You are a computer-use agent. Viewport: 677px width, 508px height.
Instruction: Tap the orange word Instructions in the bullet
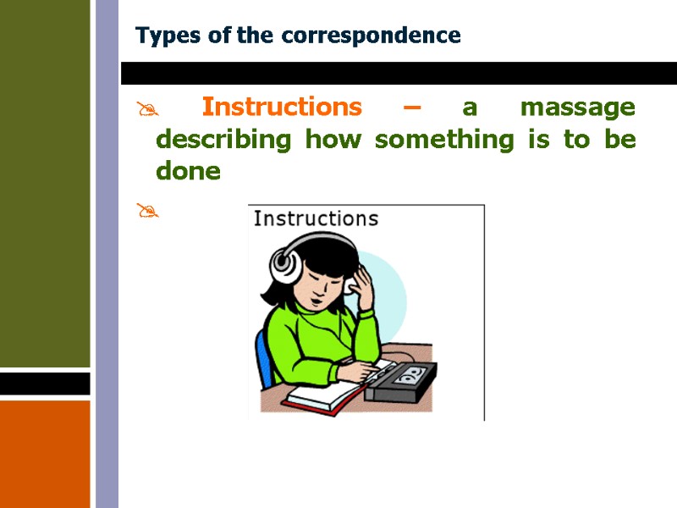coord(282,108)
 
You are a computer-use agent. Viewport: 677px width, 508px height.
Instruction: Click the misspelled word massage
coord(577,108)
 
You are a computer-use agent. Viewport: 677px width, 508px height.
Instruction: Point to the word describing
coord(223,140)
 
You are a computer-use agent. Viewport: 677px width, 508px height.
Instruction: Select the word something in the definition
coord(443,140)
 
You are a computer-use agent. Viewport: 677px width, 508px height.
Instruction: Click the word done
coord(188,172)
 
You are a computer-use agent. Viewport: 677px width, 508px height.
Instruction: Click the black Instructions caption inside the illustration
coord(316,218)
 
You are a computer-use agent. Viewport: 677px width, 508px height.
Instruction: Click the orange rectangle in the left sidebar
coord(45,453)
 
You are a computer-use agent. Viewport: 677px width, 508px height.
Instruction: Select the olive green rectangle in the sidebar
coord(45,183)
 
